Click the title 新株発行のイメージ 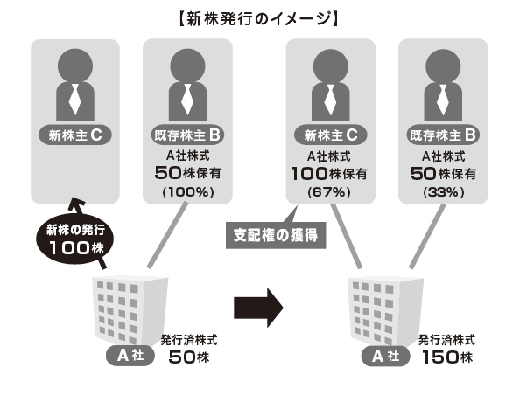[x=258, y=19]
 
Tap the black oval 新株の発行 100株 [x=75, y=239]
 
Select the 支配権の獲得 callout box [x=276, y=235]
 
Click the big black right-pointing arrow [x=258, y=308]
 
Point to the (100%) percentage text [x=188, y=192]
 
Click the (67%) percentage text [x=329, y=192]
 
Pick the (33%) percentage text [x=444, y=192]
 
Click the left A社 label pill [x=130, y=356]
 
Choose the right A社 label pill [x=385, y=356]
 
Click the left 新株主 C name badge [x=75, y=135]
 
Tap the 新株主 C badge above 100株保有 [x=330, y=135]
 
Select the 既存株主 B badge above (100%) [x=188, y=135]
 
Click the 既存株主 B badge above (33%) [x=443, y=135]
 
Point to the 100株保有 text [x=329, y=174]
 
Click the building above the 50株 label [x=130, y=310]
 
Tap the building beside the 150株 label [x=385, y=310]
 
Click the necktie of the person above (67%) [x=330, y=100]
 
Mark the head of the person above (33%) [x=443, y=66]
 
